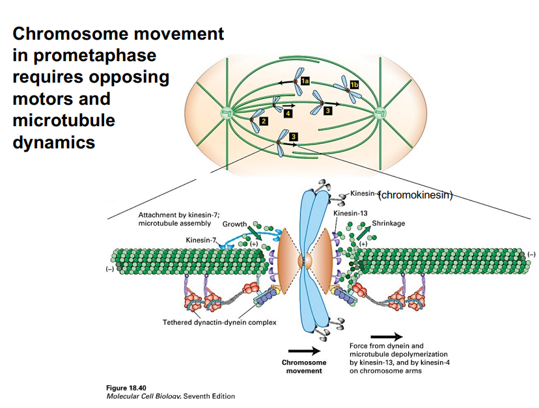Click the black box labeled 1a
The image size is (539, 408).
click(304, 81)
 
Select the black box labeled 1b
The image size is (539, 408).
click(353, 85)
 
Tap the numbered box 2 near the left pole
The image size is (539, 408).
click(263, 122)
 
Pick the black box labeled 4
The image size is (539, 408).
click(286, 113)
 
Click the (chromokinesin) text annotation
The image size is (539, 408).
click(415, 194)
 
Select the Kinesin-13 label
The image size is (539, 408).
click(350, 213)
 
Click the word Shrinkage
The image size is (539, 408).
click(388, 223)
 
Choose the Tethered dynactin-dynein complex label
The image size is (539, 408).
click(219, 322)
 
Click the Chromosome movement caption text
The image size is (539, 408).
click(304, 366)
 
